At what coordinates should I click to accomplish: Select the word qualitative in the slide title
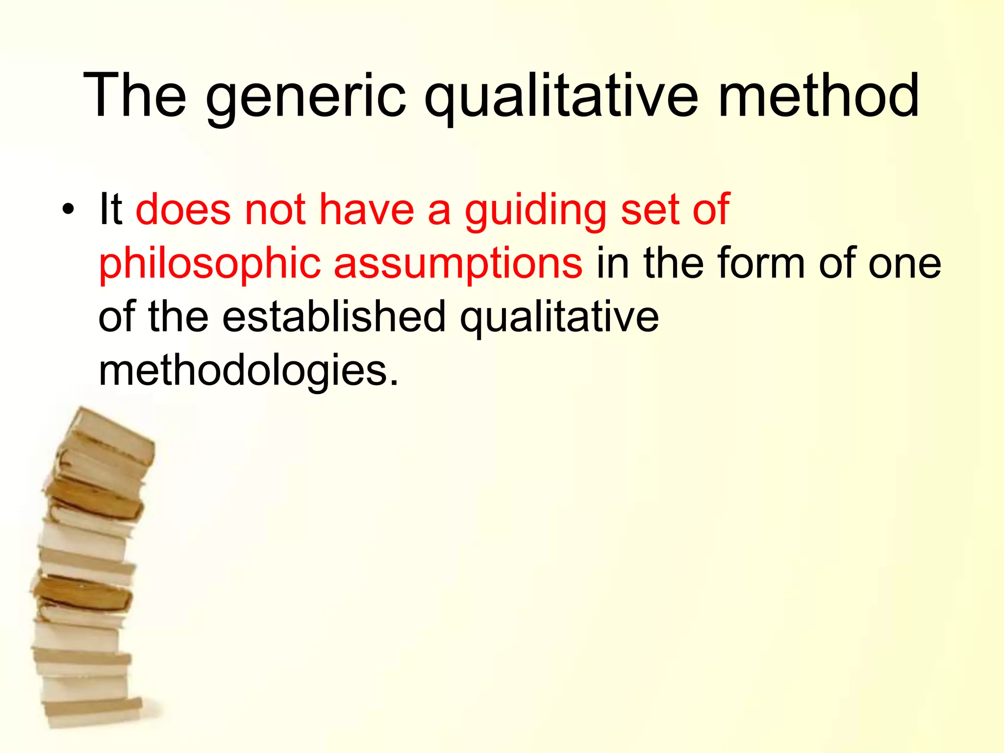tap(561, 96)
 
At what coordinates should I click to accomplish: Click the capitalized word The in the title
tap(135, 96)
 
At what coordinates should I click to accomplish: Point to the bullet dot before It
tap(68, 210)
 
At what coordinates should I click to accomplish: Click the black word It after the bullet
tap(110, 210)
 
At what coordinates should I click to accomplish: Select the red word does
tap(183, 210)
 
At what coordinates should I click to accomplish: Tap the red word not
tap(275, 210)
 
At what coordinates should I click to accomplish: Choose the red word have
tap(367, 210)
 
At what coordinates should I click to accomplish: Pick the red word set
tap(650, 210)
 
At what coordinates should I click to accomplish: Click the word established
tap(334, 317)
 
